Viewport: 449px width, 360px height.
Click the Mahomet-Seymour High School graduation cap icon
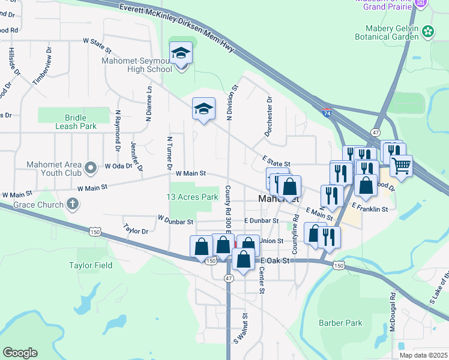(181, 54)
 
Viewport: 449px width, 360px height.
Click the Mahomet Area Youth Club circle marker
(91, 166)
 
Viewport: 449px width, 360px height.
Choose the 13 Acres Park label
(192, 197)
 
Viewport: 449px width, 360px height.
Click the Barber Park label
(340, 323)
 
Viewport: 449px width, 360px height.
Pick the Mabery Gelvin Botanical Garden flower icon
(427, 31)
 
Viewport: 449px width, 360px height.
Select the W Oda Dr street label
(118, 166)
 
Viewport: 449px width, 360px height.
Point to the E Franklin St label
(370, 209)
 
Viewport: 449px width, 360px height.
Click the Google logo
(20, 353)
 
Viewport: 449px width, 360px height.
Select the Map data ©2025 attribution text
(423, 355)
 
